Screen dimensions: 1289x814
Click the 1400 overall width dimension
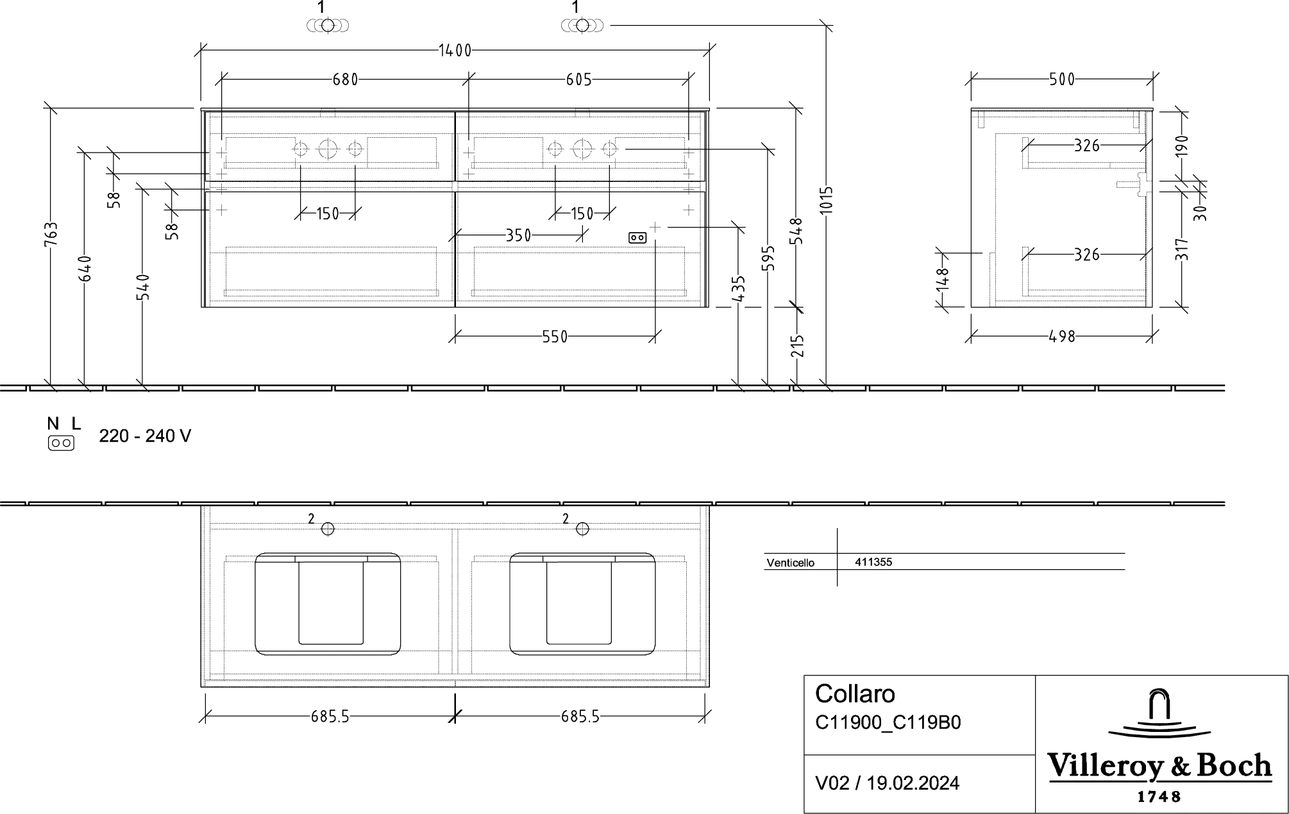point(455,51)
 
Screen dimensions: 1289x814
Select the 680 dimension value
point(345,79)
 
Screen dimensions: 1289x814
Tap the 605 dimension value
point(579,79)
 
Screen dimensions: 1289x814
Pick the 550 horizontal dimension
point(555,336)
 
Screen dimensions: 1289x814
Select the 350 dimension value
point(518,236)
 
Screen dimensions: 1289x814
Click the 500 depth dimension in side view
point(1062,79)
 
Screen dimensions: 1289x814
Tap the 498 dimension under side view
point(1062,336)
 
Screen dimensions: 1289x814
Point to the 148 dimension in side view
point(942,279)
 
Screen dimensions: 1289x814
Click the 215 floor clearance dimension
point(797,347)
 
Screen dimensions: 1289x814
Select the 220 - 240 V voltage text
point(145,436)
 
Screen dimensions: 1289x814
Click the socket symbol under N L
point(61,443)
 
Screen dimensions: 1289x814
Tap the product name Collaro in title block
point(855,694)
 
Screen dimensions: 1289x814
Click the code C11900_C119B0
point(888,723)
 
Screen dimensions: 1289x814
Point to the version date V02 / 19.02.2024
point(887,783)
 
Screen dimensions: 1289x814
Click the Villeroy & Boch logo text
point(1159,767)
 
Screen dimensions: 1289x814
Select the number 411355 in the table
point(873,562)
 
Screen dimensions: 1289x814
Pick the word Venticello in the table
point(790,563)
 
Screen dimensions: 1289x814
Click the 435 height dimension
point(739,289)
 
